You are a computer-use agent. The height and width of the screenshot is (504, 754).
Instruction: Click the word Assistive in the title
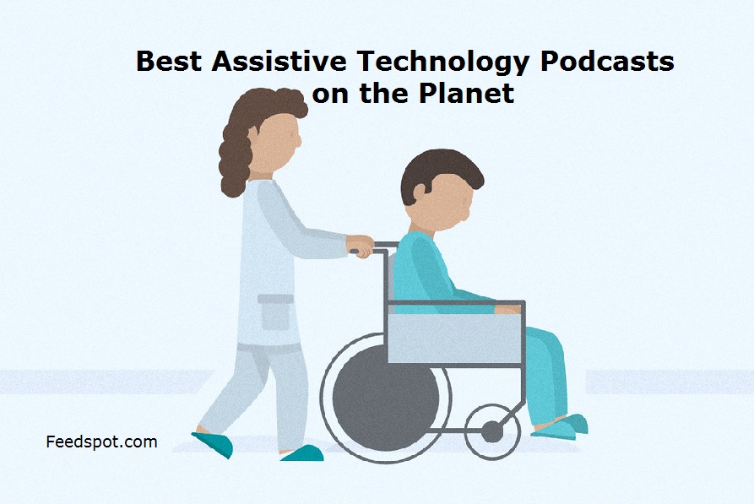[x=279, y=61]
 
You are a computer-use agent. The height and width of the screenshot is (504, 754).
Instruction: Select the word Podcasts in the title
[x=607, y=61]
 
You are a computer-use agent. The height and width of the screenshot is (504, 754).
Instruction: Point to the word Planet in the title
[x=466, y=93]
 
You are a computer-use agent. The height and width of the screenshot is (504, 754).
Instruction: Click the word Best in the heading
[x=169, y=61]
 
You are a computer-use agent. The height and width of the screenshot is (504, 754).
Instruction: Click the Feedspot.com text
[x=101, y=442]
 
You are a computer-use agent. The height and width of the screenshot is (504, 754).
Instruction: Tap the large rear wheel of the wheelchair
[x=386, y=398]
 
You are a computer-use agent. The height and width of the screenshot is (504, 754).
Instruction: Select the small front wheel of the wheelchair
[x=492, y=431]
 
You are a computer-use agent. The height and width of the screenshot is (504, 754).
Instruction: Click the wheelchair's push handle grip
[x=355, y=251]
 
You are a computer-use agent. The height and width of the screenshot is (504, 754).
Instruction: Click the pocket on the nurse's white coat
[x=275, y=312]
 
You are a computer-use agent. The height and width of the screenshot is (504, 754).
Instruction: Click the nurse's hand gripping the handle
[x=361, y=246]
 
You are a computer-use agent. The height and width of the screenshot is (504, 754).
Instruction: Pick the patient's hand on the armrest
[x=507, y=309]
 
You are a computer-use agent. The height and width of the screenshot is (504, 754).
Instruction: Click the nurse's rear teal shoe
[x=213, y=444]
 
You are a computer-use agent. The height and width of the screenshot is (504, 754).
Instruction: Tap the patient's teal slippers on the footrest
[x=560, y=427]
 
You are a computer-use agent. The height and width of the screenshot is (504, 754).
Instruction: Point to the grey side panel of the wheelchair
[x=455, y=338]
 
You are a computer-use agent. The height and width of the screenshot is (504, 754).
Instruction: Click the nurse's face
[x=278, y=142]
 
